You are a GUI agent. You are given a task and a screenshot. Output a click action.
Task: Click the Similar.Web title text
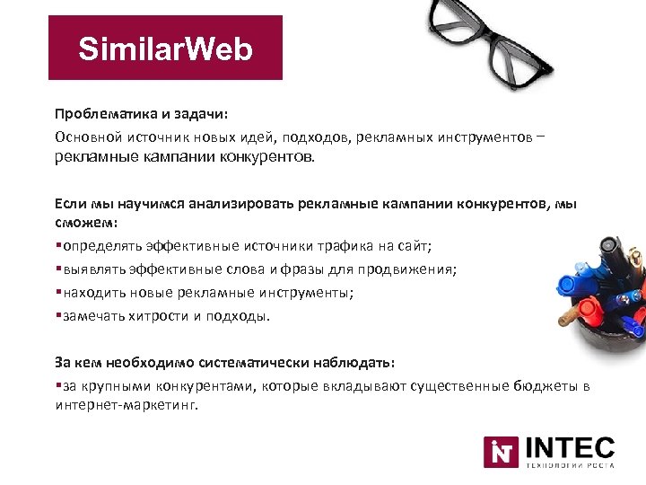(x=165, y=48)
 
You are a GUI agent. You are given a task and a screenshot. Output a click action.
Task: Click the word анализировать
(x=230, y=204)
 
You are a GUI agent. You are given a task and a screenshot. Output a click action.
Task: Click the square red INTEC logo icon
(x=501, y=452)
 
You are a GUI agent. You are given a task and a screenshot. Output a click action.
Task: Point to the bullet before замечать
(x=57, y=315)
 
